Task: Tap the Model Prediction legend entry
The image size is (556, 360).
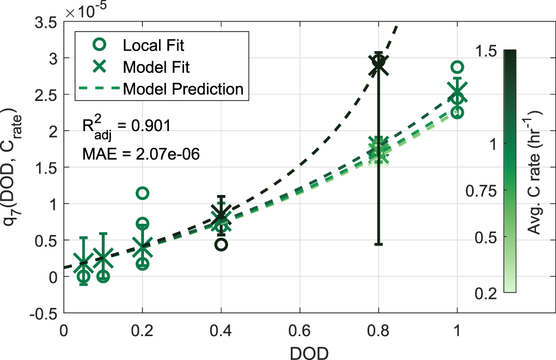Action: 183,88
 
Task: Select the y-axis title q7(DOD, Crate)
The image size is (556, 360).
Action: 12,168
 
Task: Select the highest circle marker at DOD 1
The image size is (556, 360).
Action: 457,67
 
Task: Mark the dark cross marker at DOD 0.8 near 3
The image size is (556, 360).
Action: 379,64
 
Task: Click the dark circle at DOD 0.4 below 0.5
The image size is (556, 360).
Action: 221,244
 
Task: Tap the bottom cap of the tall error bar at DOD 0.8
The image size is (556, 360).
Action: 379,244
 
